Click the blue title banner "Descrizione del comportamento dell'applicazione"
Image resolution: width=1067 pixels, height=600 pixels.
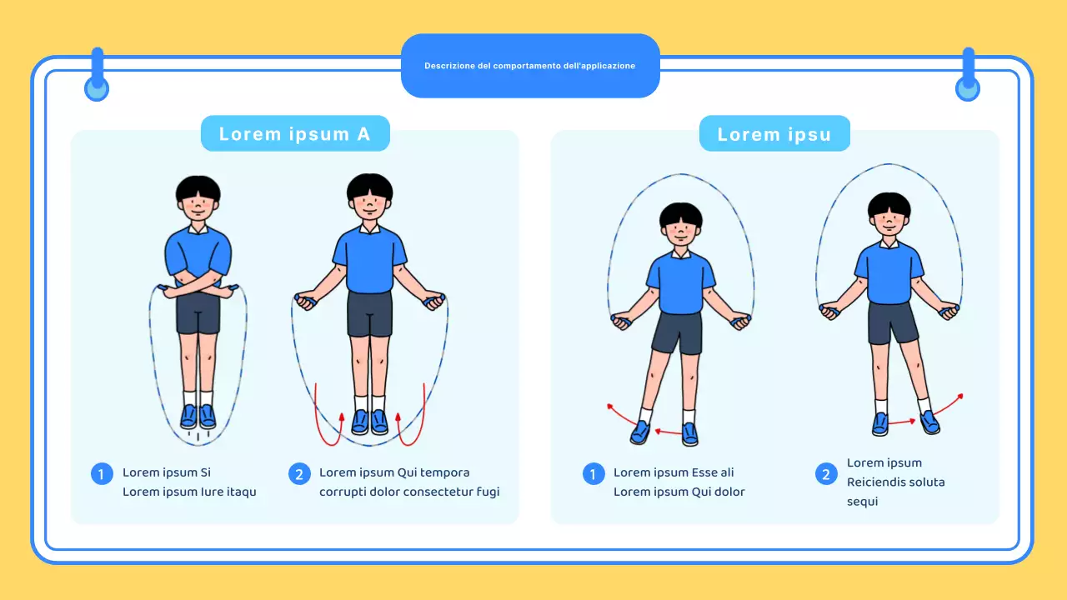point(530,66)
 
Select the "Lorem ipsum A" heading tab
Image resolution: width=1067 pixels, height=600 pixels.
point(295,134)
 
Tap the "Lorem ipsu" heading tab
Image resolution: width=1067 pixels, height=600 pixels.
point(774,134)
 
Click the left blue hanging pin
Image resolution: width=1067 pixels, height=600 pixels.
point(97,75)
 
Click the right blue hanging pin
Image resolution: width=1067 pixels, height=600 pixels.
point(968,75)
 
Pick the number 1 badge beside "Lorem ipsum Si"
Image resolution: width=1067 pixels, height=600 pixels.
point(102,474)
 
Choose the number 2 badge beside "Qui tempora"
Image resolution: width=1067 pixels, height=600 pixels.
point(299,474)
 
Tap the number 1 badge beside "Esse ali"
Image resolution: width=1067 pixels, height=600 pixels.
point(593,474)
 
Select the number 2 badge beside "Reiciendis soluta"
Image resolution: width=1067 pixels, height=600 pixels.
point(826,474)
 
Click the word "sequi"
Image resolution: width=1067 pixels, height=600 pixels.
point(862,502)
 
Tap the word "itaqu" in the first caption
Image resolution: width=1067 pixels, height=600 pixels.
point(241,492)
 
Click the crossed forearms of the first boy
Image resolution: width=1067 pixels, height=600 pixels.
point(198,286)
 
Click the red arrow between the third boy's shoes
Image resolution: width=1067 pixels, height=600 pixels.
point(668,432)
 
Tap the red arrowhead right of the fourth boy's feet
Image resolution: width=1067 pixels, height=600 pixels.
point(960,396)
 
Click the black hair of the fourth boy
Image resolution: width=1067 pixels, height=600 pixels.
point(889,205)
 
